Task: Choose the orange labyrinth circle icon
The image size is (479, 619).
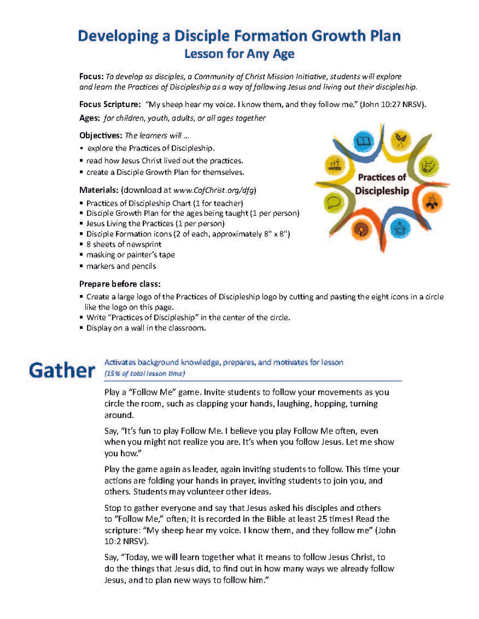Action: (363, 229)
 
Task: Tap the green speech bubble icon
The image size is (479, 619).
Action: (335, 202)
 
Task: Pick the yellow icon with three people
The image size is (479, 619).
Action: (334, 164)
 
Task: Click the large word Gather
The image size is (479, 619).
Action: (60, 370)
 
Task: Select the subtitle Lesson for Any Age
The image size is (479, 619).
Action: (239, 54)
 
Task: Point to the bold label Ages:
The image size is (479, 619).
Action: (90, 118)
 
